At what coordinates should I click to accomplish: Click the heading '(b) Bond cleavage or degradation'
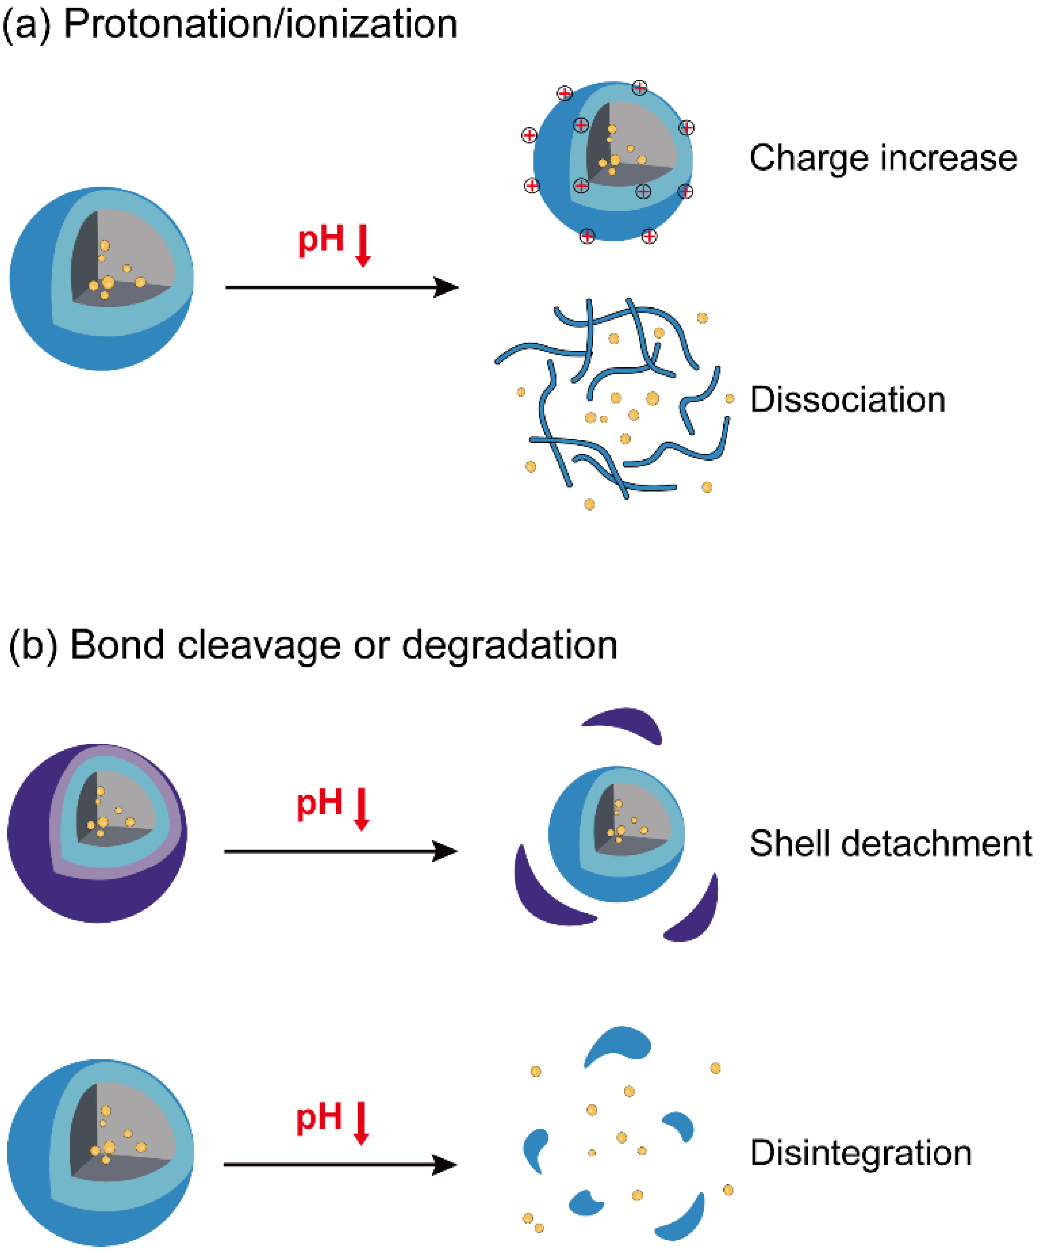(x=313, y=645)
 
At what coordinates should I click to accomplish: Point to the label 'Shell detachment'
(x=890, y=843)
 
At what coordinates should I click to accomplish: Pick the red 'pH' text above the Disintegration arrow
(x=319, y=1118)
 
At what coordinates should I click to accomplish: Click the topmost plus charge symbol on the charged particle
(x=639, y=88)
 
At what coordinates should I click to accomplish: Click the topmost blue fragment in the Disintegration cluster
(x=619, y=1046)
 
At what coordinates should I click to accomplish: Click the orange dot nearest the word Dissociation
(x=729, y=398)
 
